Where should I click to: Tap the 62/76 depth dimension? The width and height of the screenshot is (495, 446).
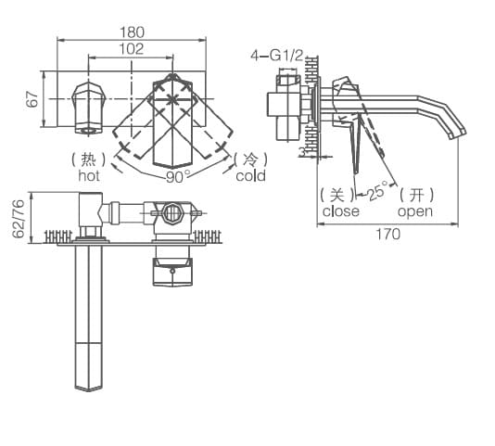click(18, 219)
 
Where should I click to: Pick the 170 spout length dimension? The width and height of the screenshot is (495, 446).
click(387, 234)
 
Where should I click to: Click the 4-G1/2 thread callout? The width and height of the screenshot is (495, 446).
click(276, 56)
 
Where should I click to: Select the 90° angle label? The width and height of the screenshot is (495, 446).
click(176, 175)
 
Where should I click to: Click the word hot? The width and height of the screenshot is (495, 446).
click(89, 174)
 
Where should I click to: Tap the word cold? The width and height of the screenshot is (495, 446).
click(250, 175)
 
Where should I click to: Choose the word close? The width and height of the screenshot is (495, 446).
click(341, 210)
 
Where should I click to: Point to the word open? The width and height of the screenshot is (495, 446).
click(414, 210)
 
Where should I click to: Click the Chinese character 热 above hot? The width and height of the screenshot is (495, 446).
click(89, 159)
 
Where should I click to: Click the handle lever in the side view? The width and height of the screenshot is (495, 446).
click(356, 148)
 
